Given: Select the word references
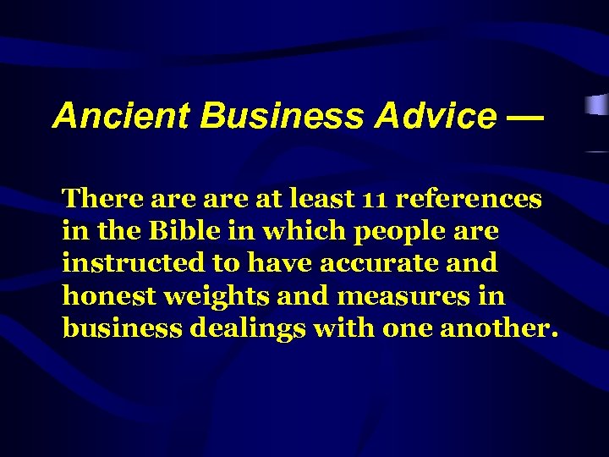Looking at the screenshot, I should pyautogui.click(x=469, y=199).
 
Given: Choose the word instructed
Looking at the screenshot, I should pyautogui.click(x=134, y=263).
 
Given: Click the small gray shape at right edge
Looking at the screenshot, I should pyautogui.click(x=597, y=106).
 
